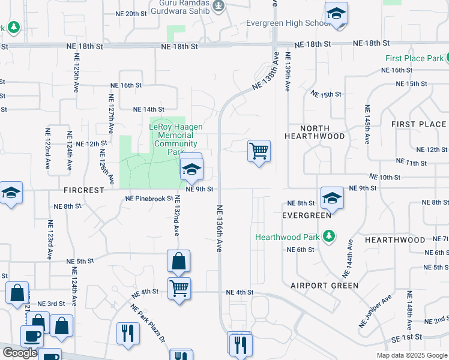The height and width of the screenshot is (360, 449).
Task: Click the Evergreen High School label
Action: [285, 23]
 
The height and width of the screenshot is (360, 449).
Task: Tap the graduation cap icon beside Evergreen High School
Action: [336, 14]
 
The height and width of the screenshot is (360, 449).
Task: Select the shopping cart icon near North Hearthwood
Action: [259, 151]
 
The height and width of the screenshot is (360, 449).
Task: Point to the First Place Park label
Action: [414, 59]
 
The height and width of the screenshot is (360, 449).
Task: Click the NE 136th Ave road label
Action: [219, 229]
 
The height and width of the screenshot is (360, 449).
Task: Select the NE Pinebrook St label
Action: [149, 199]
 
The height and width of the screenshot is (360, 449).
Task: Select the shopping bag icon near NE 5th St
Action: [179, 261]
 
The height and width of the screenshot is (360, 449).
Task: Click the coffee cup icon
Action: [32, 336]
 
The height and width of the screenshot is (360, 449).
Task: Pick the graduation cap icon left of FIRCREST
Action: [11, 193]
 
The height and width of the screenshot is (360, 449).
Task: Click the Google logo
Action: [20, 353]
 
